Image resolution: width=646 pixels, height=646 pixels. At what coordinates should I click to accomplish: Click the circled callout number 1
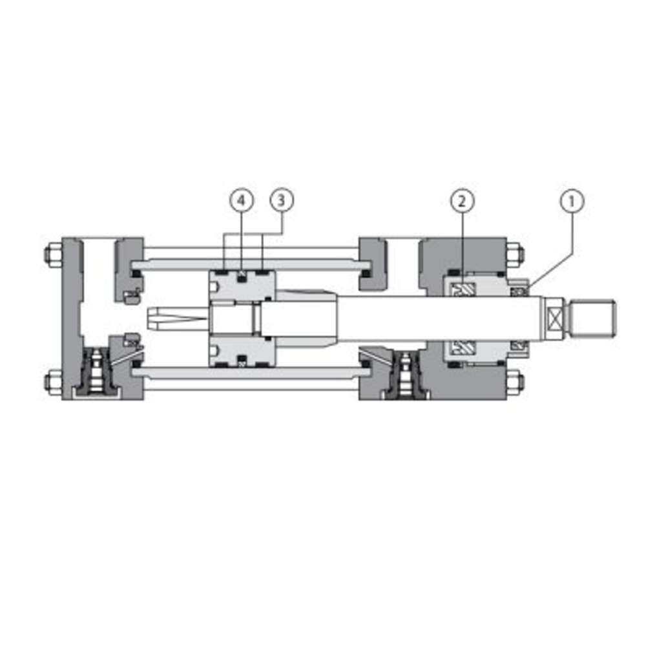(572, 201)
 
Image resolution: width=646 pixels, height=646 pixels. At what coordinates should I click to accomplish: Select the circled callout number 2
(463, 201)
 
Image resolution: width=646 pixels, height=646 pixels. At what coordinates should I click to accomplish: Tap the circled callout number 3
(282, 200)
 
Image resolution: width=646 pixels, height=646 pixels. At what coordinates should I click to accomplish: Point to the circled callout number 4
(242, 200)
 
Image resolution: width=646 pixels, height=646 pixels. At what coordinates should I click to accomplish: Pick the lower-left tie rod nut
(53, 381)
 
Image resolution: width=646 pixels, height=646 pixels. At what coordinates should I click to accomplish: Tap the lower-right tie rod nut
(515, 382)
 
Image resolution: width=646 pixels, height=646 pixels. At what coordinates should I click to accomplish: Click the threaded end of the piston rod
(594, 318)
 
